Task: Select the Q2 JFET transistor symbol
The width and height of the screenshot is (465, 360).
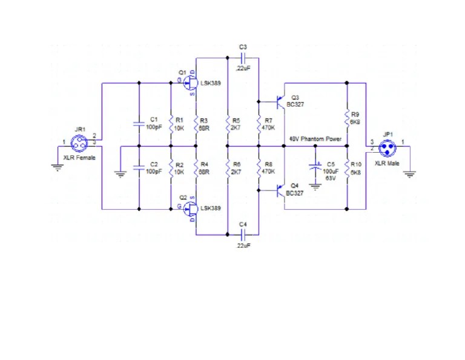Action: [x=191, y=208]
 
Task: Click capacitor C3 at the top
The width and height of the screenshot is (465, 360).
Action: [x=243, y=58]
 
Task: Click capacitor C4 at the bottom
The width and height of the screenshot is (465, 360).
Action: [x=243, y=233]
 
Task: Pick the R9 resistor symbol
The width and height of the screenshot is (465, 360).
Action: [x=347, y=117]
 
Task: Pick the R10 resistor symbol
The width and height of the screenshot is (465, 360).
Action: [x=347, y=168]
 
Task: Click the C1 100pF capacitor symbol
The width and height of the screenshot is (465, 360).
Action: [x=139, y=124]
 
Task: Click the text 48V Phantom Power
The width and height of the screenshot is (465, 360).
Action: [x=315, y=139]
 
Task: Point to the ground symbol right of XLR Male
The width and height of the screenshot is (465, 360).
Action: [x=410, y=175]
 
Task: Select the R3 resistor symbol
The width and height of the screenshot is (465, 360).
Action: [x=196, y=124]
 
